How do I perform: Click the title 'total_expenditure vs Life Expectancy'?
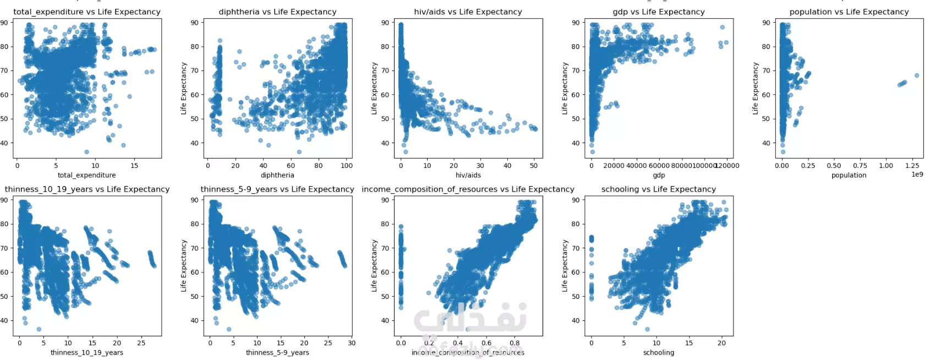tap(87, 12)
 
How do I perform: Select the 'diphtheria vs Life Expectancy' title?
tap(277, 12)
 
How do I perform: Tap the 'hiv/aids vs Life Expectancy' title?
tap(468, 12)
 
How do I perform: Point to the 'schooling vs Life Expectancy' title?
tap(658, 189)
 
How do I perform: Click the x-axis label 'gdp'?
tap(659, 175)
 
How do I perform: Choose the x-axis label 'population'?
tap(849, 175)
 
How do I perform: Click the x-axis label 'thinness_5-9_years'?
tap(277, 352)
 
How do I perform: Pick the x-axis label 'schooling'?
tap(658, 352)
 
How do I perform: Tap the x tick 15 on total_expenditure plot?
tap(134, 165)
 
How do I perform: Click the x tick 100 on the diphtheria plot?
tap(347, 165)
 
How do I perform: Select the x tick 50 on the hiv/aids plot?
tap(534, 165)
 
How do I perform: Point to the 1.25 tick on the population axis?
tap(912, 165)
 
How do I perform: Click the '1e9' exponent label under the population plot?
tap(917, 174)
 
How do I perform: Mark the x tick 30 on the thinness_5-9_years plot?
tap(352, 342)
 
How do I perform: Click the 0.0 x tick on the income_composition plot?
tap(401, 342)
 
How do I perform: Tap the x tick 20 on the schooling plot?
tap(721, 342)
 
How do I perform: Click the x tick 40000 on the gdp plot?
tap(636, 165)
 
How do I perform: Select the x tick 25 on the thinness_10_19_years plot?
tap(141, 342)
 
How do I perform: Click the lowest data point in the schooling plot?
tap(647, 329)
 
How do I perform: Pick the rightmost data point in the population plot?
tap(917, 75)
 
